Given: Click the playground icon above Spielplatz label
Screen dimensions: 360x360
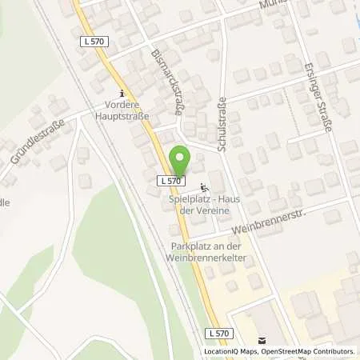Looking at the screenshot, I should point(201,186).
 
